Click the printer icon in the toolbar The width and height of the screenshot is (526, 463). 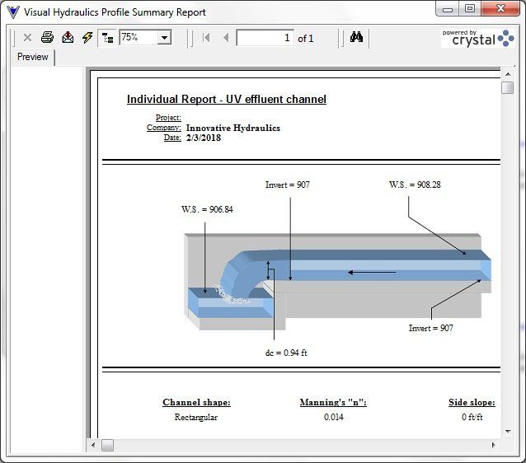tap(47, 38)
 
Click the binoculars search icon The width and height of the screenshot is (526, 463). tap(356, 38)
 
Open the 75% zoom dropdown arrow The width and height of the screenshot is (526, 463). tap(164, 38)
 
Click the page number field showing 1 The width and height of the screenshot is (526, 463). tap(265, 38)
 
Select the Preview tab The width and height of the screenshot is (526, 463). tap(33, 57)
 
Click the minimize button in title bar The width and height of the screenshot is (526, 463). tap(447, 9)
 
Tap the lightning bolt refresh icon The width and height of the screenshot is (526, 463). tap(87, 38)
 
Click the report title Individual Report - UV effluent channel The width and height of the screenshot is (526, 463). tap(226, 100)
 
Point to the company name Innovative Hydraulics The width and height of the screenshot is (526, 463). tap(232, 129)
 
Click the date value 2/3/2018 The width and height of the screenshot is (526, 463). tap(203, 138)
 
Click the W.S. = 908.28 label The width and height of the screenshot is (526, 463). tap(415, 185)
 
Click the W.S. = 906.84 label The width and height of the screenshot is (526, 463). tap(207, 209)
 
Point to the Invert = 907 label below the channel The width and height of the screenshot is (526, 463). tap(430, 328)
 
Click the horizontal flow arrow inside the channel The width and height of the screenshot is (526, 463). tap(372, 272)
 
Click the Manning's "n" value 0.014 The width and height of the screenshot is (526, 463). tap(333, 418)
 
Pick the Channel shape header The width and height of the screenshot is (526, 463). tap(196, 403)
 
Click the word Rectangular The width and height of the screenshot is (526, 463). tap(196, 418)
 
